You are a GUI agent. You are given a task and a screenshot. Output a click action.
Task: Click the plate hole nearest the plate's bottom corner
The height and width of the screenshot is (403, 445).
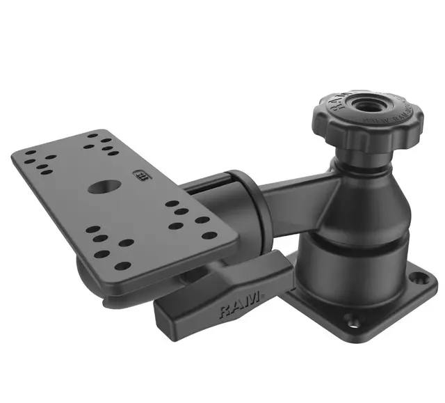tap(122, 266)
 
